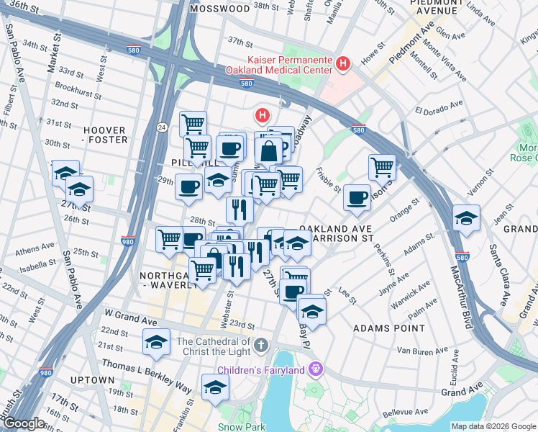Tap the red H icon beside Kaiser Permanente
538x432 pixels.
pyautogui.click(x=342, y=64)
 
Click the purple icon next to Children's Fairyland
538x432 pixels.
pyautogui.click(x=314, y=371)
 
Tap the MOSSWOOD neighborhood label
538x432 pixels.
pyautogui.click(x=219, y=9)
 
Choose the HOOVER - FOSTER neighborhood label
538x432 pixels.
pyautogui.click(x=105, y=135)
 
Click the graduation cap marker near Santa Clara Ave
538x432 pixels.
pyautogui.click(x=466, y=219)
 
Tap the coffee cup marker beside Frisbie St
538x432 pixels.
pyautogui.click(x=356, y=198)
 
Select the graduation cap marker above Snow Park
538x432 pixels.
pyautogui.click(x=215, y=387)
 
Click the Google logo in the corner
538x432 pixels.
pyautogui.click(x=24, y=424)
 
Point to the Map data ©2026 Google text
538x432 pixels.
pyautogui.click(x=493, y=426)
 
